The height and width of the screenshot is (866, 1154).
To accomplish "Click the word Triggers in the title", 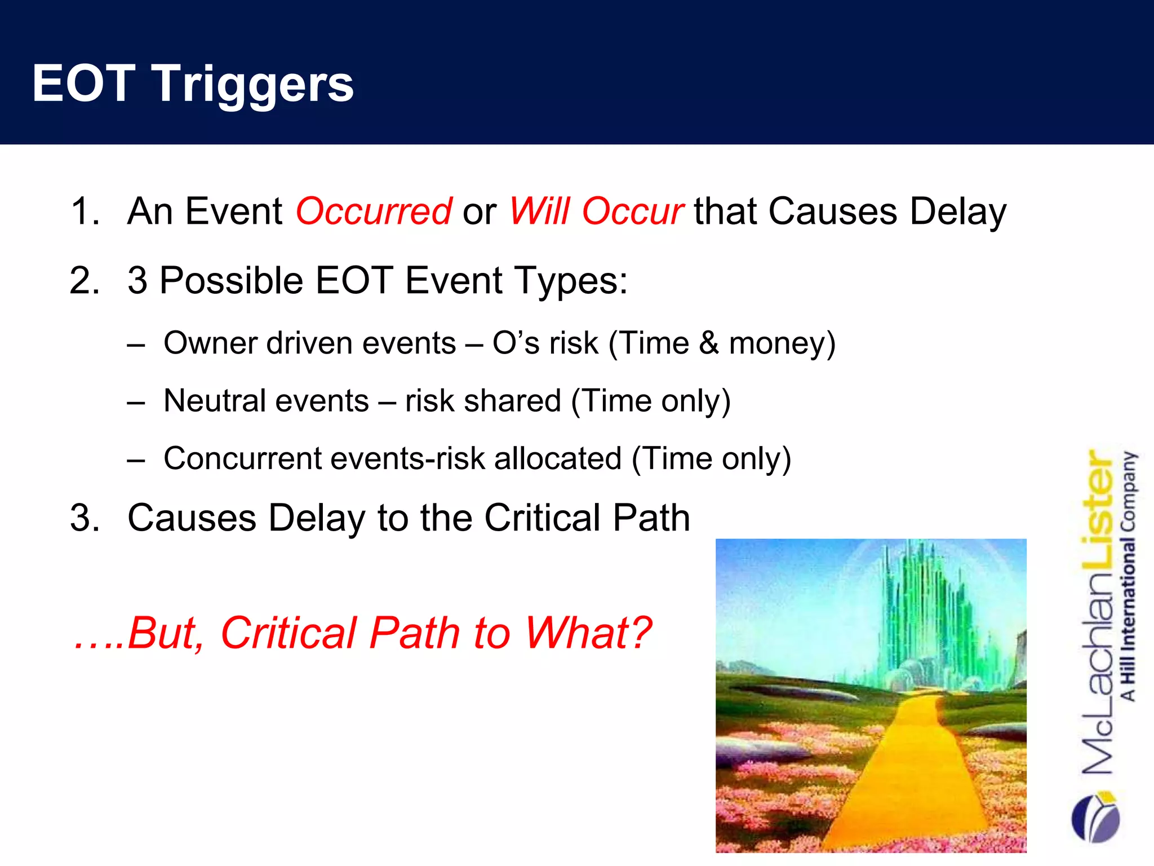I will pyautogui.click(x=253, y=85).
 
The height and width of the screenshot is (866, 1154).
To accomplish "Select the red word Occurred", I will pyautogui.click(x=374, y=211).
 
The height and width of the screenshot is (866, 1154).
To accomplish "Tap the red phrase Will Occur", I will pyautogui.click(x=596, y=211).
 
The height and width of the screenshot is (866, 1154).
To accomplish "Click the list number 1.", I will pyautogui.click(x=85, y=211).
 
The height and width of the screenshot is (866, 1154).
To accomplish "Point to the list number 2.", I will pyautogui.click(x=85, y=280).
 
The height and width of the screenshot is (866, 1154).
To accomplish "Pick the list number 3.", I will pyautogui.click(x=85, y=518).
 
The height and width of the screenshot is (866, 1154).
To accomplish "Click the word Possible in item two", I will pyautogui.click(x=232, y=280).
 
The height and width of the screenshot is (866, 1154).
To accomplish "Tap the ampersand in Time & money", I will pyautogui.click(x=709, y=343).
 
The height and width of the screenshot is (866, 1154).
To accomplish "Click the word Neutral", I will pyautogui.click(x=214, y=401).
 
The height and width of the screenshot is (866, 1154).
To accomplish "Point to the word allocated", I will pyautogui.click(x=558, y=458).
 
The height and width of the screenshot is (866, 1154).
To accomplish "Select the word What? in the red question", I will pyautogui.click(x=588, y=633).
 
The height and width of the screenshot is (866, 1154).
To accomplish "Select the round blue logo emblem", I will pyautogui.click(x=1095, y=818).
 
